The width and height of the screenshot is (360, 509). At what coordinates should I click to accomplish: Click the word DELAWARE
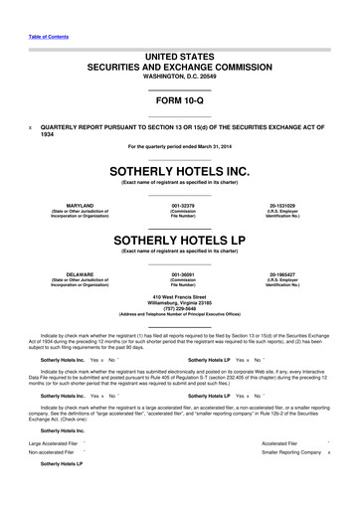[73, 272]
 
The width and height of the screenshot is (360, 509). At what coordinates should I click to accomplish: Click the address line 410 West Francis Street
[180, 296]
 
